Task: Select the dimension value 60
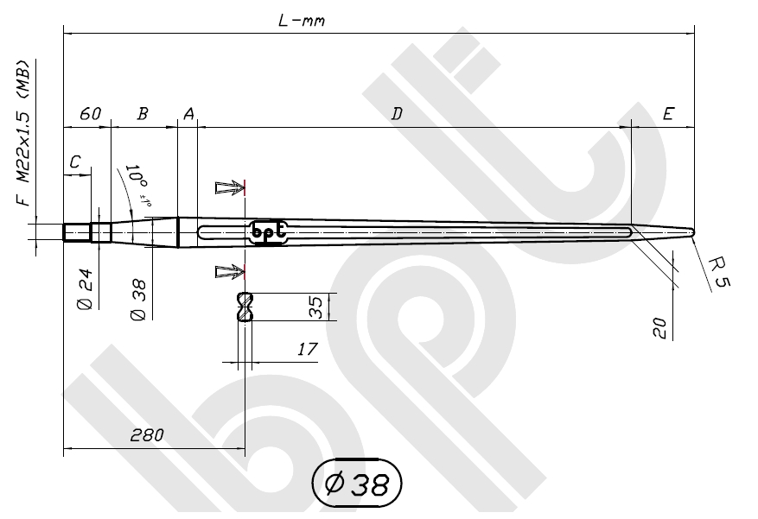(90, 114)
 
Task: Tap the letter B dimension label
(143, 114)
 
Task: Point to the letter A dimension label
(188, 114)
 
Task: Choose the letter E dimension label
(667, 114)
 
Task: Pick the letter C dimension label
(76, 161)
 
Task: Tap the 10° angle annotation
(138, 182)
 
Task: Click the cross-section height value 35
(315, 307)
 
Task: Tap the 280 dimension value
(147, 434)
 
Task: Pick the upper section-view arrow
(229, 187)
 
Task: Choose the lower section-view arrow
(229, 272)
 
